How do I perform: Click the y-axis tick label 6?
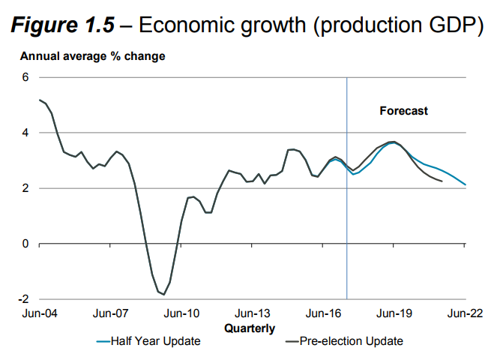pyautogui.click(x=25, y=77)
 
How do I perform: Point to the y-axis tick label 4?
pyautogui.click(x=25, y=133)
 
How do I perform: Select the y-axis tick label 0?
pyautogui.click(x=25, y=244)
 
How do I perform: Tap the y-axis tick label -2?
pyautogui.click(x=22, y=299)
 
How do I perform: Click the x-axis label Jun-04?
pyautogui.click(x=39, y=314)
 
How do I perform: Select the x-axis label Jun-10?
pyautogui.click(x=181, y=314)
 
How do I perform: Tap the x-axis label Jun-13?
pyautogui.click(x=252, y=314)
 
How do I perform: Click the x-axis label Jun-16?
pyautogui.click(x=323, y=314)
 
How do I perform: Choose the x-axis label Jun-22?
pyautogui.click(x=466, y=314)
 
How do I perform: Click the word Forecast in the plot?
pyautogui.click(x=403, y=111)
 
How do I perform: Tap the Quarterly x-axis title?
pyautogui.click(x=250, y=328)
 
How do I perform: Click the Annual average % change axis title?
pyautogui.click(x=92, y=56)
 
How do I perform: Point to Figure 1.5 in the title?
pyautogui.click(x=62, y=25)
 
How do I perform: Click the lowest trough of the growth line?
pyautogui.click(x=163, y=295)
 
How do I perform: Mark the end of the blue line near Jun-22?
pyautogui.click(x=466, y=184)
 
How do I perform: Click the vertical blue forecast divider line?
pyautogui.click(x=347, y=187)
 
